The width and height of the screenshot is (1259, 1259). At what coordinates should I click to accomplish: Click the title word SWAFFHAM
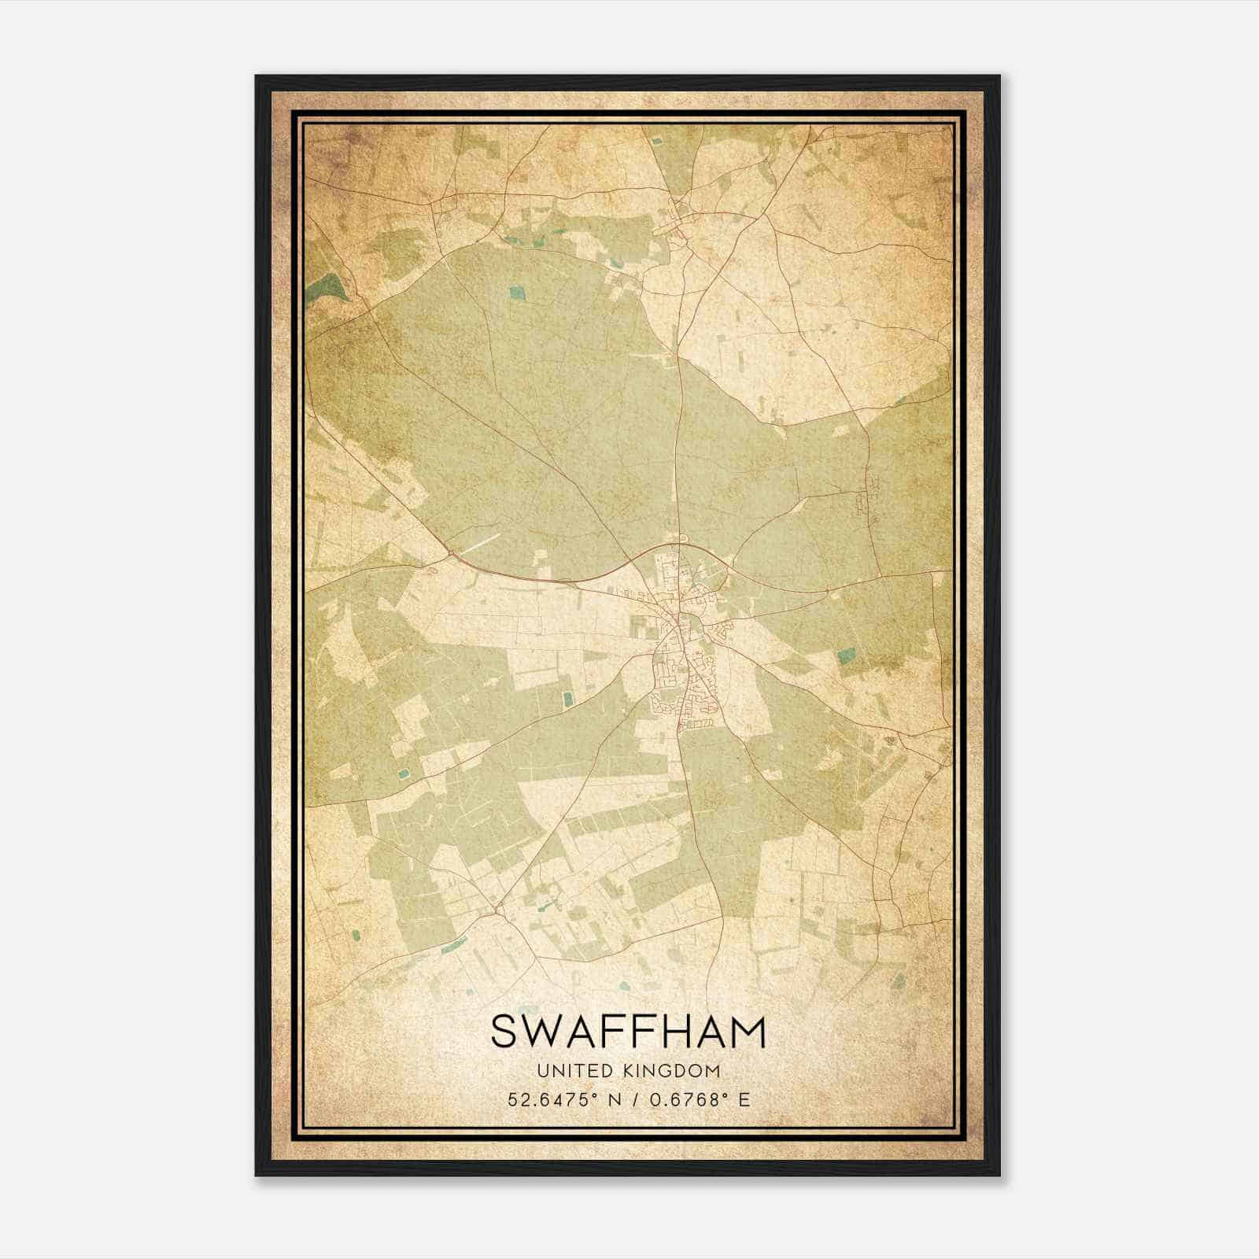628,1032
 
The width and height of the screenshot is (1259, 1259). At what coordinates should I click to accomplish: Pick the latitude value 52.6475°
548,1099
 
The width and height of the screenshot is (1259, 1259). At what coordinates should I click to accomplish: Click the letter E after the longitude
744,1099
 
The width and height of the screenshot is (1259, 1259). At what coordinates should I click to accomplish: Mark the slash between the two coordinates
631,1099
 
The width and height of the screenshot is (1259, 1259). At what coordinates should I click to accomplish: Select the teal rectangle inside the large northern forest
516,294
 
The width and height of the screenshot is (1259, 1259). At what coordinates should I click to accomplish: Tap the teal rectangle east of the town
847,655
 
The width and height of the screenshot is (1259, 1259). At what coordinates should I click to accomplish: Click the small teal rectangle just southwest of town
568,698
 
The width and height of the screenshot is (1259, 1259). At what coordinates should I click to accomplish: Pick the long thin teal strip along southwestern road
453,945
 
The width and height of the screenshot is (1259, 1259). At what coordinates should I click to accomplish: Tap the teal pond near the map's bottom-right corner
900,980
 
